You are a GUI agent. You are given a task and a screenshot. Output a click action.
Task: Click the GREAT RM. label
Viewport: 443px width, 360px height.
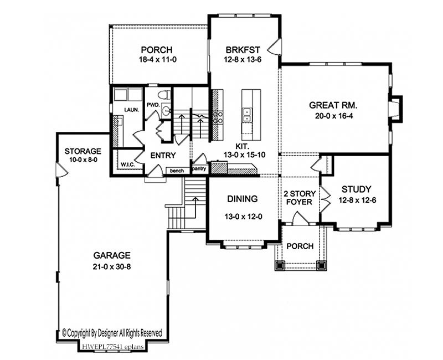point(333,105)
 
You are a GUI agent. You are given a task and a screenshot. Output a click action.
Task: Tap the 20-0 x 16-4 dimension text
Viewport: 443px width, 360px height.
point(334,116)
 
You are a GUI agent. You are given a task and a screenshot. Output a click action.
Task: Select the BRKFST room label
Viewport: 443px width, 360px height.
point(243,50)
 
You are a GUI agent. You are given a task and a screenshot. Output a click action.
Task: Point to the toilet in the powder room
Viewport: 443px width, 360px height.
point(164,95)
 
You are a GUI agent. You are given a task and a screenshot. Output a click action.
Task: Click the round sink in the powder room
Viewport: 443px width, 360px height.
point(166,110)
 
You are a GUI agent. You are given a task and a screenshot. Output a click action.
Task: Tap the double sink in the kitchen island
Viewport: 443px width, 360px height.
point(246,115)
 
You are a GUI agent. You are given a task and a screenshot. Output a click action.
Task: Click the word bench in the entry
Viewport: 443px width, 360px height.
point(177,171)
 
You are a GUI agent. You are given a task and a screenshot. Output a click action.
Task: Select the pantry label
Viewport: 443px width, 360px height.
point(199,169)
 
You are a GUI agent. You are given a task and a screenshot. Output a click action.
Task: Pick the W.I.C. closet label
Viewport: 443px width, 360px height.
point(128,164)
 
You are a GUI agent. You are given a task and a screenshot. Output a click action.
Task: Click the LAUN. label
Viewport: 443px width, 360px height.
point(132,110)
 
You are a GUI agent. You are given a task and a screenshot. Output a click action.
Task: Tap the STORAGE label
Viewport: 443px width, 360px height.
point(83,151)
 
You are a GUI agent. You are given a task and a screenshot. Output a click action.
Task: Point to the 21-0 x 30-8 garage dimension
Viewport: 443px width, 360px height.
point(112,266)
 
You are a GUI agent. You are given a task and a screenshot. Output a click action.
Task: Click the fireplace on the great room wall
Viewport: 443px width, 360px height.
point(395,109)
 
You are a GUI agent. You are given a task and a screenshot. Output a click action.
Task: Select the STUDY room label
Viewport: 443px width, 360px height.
point(356,189)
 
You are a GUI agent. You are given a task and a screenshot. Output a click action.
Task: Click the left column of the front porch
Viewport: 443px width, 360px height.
point(280,266)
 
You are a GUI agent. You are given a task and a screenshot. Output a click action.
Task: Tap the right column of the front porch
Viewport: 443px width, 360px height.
point(321,266)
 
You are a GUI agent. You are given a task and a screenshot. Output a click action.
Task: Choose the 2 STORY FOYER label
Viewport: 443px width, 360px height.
point(300,198)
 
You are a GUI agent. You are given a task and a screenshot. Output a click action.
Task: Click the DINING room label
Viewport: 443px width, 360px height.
point(243,199)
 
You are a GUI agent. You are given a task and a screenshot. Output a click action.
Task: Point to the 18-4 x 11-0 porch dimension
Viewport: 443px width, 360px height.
point(158,60)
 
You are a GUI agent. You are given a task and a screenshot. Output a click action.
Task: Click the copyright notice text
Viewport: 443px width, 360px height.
point(112,333)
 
